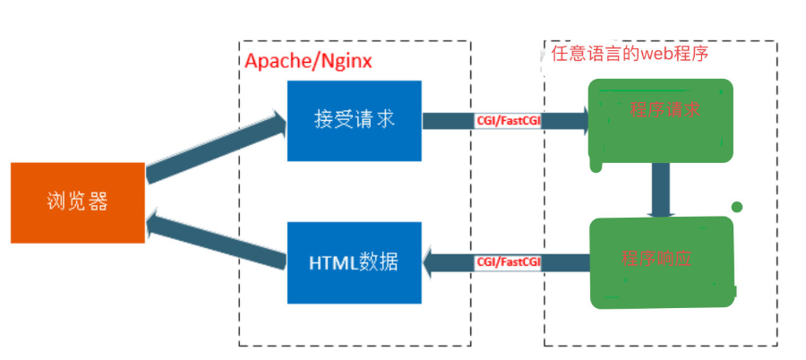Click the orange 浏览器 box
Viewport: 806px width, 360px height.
click(x=78, y=202)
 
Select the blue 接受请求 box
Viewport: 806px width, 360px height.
click(x=354, y=121)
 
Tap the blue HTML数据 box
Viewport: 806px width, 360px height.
click(x=354, y=262)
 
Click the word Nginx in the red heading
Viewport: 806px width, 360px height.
click(x=344, y=62)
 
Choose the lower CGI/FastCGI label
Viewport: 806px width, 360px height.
click(x=509, y=262)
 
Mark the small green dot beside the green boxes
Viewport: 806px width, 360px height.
click(x=737, y=208)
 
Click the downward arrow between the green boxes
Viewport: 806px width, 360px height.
click(x=662, y=191)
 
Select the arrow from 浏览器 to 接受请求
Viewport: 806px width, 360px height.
click(x=215, y=149)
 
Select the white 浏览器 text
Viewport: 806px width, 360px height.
click(x=78, y=202)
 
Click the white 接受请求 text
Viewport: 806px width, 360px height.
click(x=354, y=121)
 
